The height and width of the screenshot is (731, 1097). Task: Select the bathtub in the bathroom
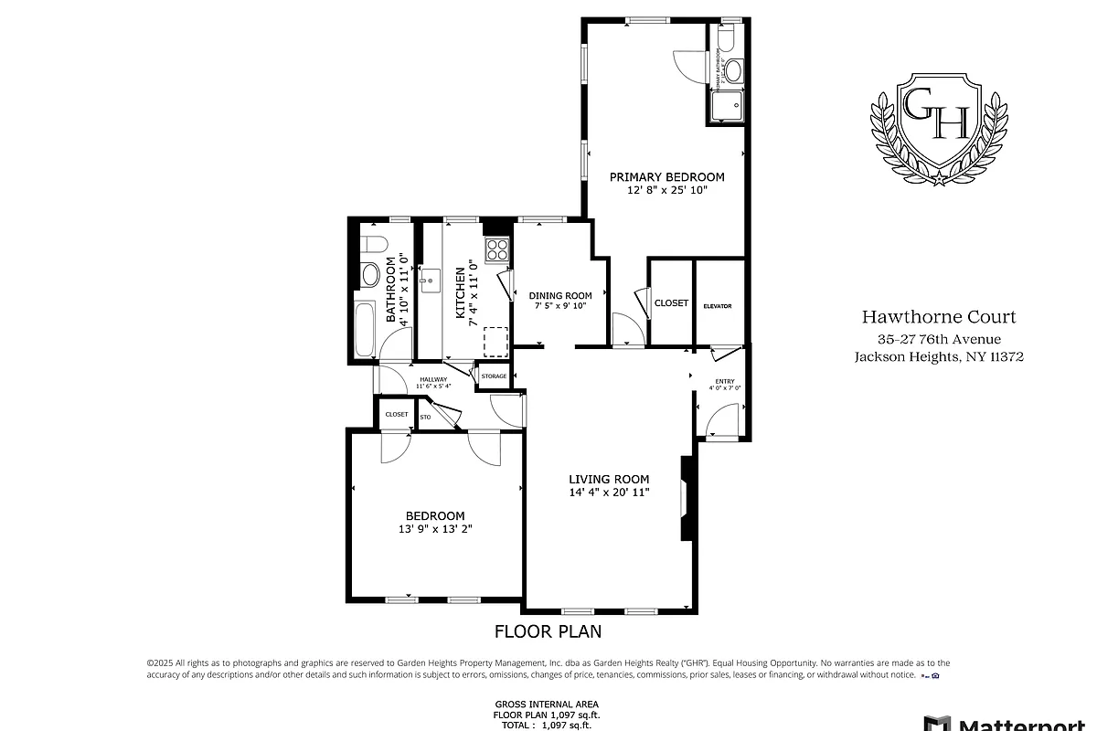click(x=364, y=328)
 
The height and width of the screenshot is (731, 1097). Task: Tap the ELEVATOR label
click(x=718, y=305)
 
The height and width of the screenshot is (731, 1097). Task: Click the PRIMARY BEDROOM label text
click(x=666, y=177)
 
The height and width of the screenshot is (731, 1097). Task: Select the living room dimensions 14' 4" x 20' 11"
click(x=609, y=493)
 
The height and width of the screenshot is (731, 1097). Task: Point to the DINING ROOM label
click(x=559, y=295)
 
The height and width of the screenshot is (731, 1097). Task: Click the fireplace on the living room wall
click(x=685, y=498)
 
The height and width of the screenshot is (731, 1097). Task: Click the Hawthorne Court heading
click(x=939, y=318)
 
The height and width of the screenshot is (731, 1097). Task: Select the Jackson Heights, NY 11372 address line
click(x=939, y=357)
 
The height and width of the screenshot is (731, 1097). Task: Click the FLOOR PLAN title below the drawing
click(x=548, y=630)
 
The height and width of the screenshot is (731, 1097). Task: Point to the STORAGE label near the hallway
click(x=494, y=376)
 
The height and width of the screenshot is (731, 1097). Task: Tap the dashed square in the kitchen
click(x=495, y=340)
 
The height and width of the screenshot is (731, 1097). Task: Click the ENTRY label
click(x=724, y=380)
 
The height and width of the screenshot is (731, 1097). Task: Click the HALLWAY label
click(x=433, y=379)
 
